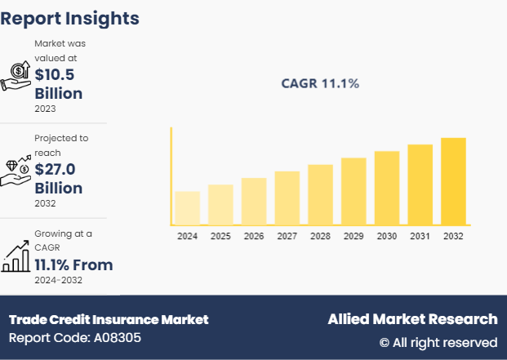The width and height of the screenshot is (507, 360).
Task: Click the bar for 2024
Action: [187, 208]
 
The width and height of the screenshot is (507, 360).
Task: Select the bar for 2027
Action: [287, 198]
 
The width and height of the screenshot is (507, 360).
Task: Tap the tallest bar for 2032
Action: [453, 181]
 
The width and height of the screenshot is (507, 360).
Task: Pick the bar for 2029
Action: [354, 191]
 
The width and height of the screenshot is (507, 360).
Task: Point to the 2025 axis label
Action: [220, 236]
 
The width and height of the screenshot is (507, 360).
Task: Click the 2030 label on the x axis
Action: [387, 236]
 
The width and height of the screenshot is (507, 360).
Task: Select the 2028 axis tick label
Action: [320, 236]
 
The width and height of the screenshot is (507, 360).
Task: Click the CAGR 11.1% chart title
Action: [320, 83]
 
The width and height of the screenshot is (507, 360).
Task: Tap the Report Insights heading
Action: [70, 18]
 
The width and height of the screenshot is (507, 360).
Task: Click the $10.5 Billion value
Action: [58, 84]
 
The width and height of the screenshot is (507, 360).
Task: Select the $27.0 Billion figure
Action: [58, 179]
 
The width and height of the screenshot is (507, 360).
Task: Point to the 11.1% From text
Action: [73, 264]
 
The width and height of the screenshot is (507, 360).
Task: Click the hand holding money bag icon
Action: [16, 75]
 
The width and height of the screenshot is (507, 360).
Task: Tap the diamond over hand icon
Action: [16, 170]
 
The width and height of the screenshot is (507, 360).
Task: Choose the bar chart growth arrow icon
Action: [16, 256]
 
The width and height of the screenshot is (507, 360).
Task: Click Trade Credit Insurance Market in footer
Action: [109, 319]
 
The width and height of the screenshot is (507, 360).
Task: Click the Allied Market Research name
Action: [412, 319]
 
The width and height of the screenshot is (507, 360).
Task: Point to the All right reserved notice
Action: [438, 342]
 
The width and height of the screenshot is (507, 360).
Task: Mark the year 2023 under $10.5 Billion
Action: [46, 108]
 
